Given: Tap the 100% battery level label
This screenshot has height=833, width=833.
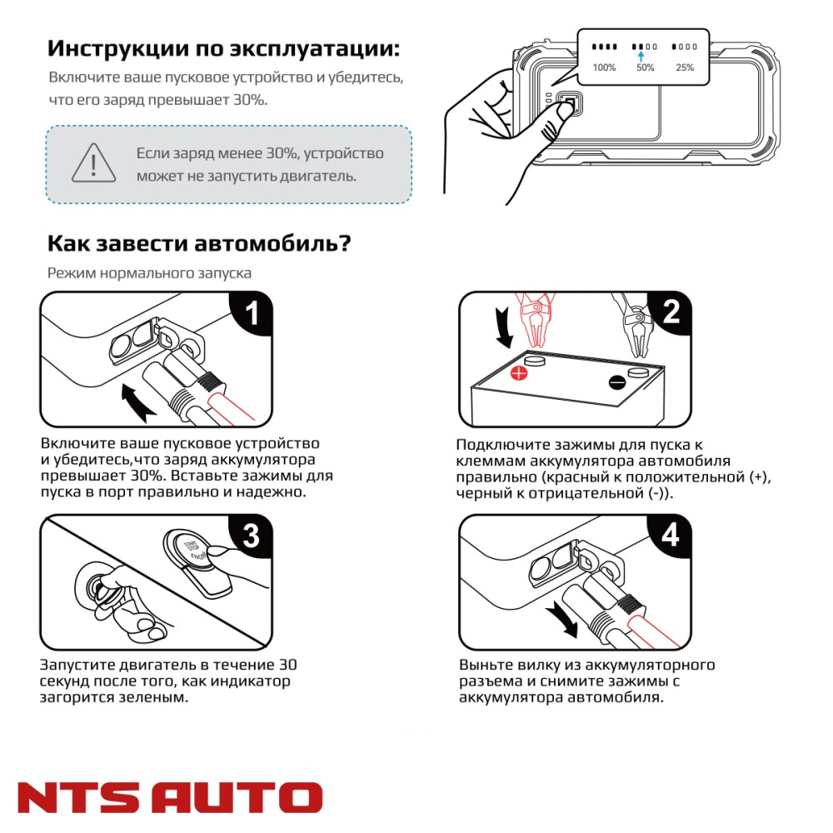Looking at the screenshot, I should [x=604, y=67].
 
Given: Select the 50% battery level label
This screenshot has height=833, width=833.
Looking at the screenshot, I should [x=646, y=67].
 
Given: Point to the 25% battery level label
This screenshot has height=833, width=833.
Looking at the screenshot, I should [x=685, y=67].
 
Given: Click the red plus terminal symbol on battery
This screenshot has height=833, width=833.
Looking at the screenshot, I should [x=518, y=372].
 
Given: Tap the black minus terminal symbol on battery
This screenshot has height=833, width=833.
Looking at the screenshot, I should [x=617, y=382].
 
